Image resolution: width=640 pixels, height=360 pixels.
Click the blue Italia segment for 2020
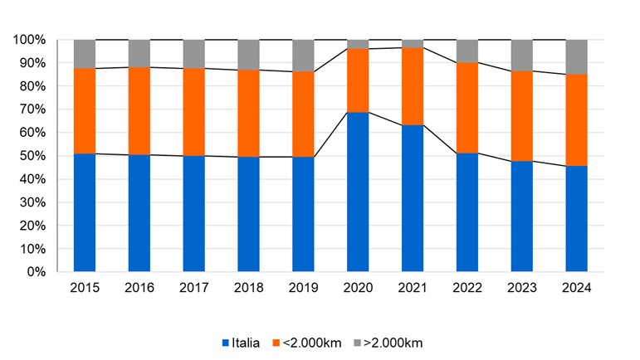358,192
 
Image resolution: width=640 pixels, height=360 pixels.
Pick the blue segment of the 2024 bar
576,218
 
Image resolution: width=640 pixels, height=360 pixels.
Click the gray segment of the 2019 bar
303,56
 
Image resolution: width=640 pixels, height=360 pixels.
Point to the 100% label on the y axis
30,40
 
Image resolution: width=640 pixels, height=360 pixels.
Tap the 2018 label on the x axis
248,288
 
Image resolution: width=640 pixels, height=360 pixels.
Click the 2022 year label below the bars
467,288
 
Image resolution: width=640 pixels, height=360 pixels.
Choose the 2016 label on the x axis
139,288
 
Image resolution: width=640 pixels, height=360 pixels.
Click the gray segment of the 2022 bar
467,51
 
